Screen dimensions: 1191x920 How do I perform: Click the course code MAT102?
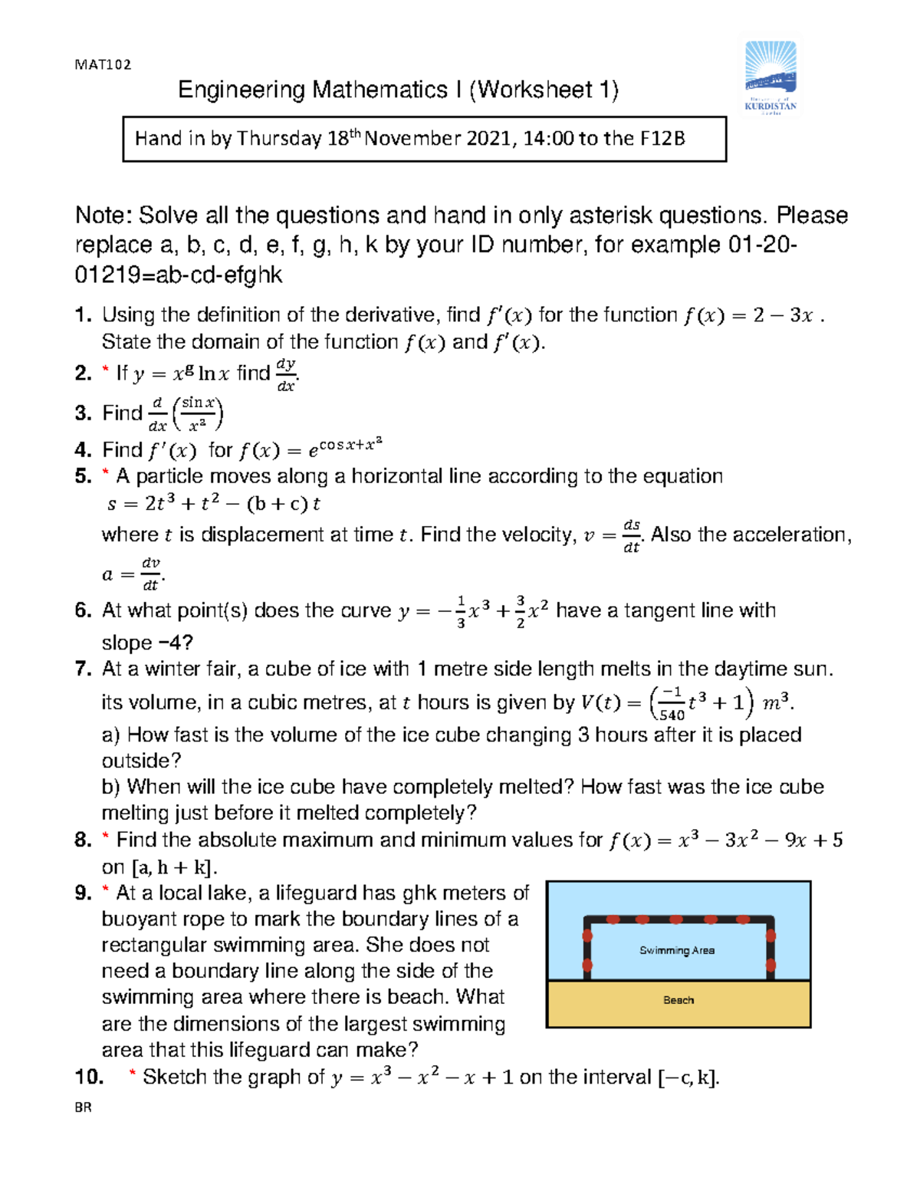pyautogui.click(x=103, y=64)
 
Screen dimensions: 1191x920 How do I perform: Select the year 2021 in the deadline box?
pyautogui.click(x=481, y=139)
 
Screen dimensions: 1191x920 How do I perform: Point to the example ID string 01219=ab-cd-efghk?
pyautogui.click(x=179, y=275)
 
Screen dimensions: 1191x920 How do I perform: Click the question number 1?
pyautogui.click(x=83, y=315)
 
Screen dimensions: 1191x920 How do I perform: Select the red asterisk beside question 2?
pyautogui.click(x=106, y=372)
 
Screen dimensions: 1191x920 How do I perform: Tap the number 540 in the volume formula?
pyautogui.click(x=672, y=715)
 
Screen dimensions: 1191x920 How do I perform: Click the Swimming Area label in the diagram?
pyautogui.click(x=677, y=950)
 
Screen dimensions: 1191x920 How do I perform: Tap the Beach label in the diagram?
pyautogui.click(x=678, y=1000)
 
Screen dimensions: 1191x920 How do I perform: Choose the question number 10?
pyautogui.click(x=89, y=1077)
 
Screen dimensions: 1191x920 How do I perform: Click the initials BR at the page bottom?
pyautogui.click(x=83, y=1107)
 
